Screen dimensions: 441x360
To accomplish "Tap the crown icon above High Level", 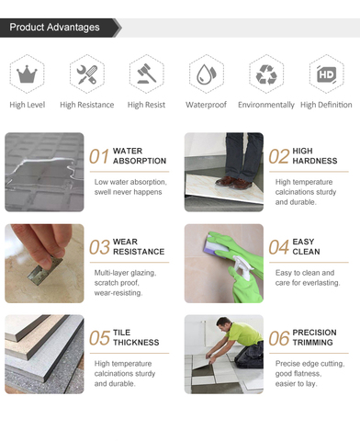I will point(28,73).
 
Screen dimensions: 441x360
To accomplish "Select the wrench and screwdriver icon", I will point(86,73).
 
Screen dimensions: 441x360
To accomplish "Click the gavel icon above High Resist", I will point(147,73).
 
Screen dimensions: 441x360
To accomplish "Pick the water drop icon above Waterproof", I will point(207,73).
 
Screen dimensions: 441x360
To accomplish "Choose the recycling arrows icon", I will point(266,73).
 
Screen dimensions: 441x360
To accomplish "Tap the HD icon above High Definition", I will point(326,73).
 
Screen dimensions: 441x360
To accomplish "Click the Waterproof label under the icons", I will point(207,105).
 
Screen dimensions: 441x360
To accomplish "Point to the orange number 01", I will point(99,156).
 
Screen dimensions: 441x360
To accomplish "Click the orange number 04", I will point(279,247).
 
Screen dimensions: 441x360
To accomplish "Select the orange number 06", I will point(279,338).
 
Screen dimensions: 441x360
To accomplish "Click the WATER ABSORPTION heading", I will point(140,155).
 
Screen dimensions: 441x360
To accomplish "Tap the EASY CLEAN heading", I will point(306,246).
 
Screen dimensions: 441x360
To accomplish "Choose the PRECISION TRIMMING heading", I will point(315,337).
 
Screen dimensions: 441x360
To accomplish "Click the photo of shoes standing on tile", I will point(223,172).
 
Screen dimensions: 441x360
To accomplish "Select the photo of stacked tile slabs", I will point(44,354).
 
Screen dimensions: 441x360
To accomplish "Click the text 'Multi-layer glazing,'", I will point(125,273).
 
